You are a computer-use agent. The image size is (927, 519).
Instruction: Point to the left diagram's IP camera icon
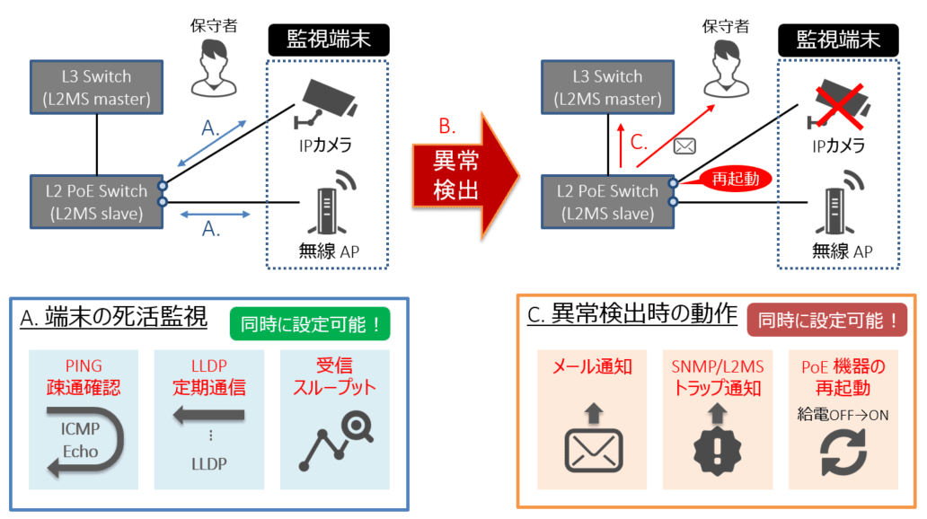[325, 101]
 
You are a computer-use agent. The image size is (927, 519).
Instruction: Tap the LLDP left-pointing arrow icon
[208, 413]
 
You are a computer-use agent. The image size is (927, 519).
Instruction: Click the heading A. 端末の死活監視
[113, 318]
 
